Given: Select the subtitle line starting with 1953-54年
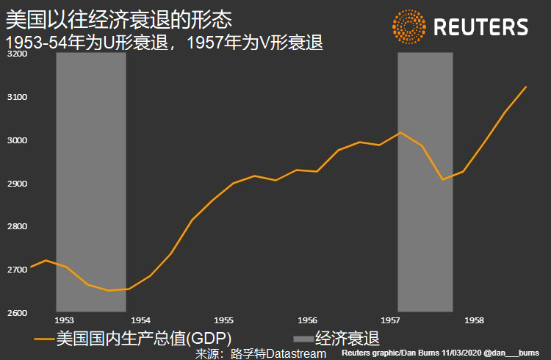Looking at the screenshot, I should pos(165,43).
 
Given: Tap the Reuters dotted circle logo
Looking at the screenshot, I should pos(408,27).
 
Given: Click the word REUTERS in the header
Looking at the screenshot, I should pos(480,28).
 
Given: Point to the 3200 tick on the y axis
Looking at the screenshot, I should pos(16,54).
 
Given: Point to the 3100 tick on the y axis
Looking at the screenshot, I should pos(16,97).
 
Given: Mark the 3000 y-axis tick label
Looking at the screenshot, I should pos(16,140).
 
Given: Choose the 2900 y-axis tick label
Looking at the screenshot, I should pos(16,184).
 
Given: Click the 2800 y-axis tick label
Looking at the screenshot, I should pos(16,226).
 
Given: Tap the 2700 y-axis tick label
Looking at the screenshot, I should pos(16,270).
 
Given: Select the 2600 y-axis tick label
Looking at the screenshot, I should pos(16,313).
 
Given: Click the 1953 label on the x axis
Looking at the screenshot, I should pos(65,321).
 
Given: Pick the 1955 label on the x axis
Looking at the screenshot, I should pos(224,321).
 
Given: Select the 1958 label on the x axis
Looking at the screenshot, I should pos(474,321).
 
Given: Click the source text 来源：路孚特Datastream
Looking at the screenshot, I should pos(260,354).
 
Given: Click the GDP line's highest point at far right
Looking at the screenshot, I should pos(526,87).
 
